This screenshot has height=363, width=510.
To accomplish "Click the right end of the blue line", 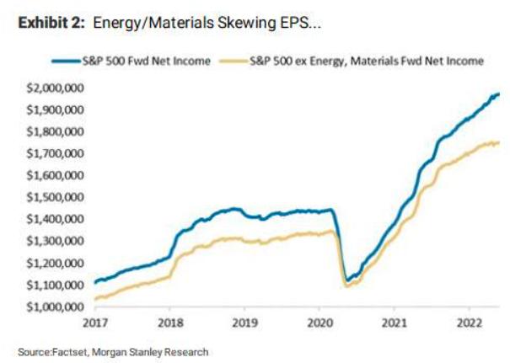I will [x=499, y=93].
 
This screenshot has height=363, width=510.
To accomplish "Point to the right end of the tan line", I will [x=499, y=142].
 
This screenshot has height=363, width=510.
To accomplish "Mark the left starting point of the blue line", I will [x=94, y=283].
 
